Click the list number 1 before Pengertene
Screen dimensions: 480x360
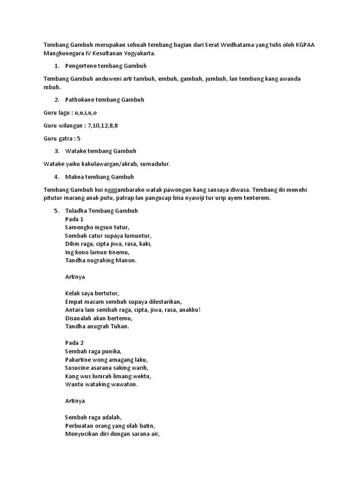[x=56, y=66]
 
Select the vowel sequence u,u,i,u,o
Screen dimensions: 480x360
[x=86, y=112]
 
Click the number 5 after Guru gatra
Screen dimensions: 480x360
[x=79, y=138]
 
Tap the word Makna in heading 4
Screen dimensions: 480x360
[x=74, y=177]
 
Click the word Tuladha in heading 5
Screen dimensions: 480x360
[x=76, y=211]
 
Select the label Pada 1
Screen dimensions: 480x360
[x=74, y=219]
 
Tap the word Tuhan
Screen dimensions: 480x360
[x=118, y=326]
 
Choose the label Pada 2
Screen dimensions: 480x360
[x=74, y=343]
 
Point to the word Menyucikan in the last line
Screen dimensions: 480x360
[x=81, y=434]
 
